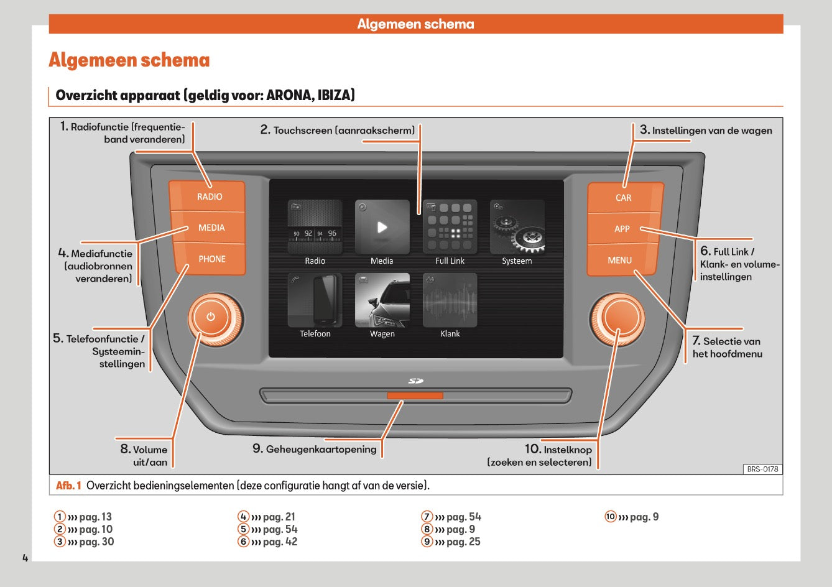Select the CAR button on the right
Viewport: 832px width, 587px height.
coord(624,198)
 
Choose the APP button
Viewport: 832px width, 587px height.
coord(622,229)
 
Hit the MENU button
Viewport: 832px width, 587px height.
coord(620,260)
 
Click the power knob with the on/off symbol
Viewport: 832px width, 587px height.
coord(211,317)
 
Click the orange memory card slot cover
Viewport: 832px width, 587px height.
coord(415,395)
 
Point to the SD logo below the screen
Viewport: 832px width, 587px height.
coord(415,381)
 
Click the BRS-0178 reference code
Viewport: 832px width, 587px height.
coord(762,469)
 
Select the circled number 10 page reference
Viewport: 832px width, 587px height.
coord(611,517)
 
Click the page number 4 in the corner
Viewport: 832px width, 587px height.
coord(25,558)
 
